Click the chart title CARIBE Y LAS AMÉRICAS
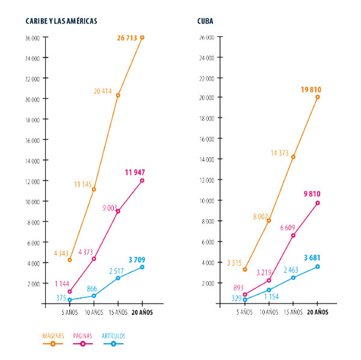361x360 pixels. pyautogui.click(x=61, y=21)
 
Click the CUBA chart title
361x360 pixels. pyautogui.click(x=205, y=21)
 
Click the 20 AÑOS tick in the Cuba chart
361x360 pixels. pyautogui.click(x=317, y=312)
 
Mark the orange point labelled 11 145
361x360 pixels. pyautogui.click(x=94, y=190)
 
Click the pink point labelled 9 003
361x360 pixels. pyautogui.click(x=118, y=211)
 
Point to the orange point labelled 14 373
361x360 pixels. pyautogui.click(x=293, y=157)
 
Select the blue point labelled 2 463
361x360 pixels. pyautogui.click(x=293, y=278)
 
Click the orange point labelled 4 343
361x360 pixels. pyautogui.click(x=70, y=260)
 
